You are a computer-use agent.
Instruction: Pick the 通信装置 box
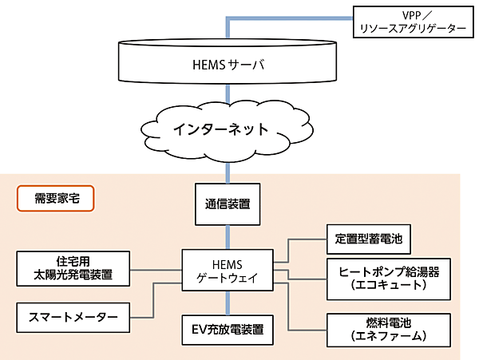(x=229, y=204)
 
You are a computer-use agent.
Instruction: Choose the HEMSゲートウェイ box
(x=229, y=270)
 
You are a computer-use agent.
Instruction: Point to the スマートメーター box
(x=73, y=317)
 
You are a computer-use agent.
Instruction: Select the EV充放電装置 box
(x=229, y=327)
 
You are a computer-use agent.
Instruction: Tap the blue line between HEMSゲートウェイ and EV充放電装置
(x=229, y=301)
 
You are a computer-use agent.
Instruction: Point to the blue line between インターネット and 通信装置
(x=229, y=168)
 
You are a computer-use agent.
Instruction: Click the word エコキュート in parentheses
(x=383, y=285)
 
